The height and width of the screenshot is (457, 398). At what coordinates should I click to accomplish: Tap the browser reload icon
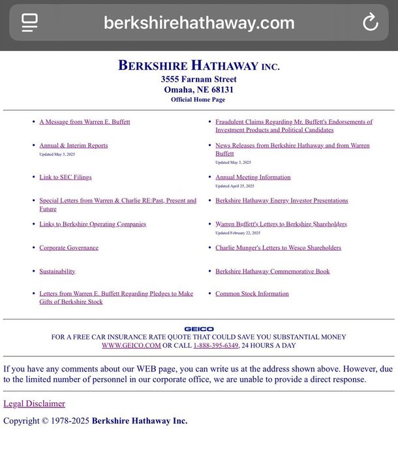pos(370,23)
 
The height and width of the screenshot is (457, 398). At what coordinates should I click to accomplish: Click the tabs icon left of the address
pos(29,23)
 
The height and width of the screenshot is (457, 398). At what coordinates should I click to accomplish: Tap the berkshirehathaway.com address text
pos(198,23)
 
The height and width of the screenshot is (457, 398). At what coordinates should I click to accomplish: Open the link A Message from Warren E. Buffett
pos(85,122)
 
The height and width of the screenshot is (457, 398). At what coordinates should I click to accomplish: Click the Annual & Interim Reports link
pos(74,146)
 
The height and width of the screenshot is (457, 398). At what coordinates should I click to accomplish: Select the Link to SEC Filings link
pos(65,177)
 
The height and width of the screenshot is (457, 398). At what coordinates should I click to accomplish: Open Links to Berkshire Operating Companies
pos(93,224)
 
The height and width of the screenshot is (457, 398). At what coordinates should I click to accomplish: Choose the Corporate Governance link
pos(69,247)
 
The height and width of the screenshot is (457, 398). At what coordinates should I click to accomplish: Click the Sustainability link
pos(57,271)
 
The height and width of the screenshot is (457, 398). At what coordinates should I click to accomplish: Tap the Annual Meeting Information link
pos(253,177)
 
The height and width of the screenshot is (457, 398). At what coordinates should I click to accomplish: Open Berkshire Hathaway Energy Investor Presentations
pos(282,200)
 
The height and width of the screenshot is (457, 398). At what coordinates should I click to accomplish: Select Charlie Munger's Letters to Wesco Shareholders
pos(278,247)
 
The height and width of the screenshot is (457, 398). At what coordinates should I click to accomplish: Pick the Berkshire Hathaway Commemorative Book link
pos(273,271)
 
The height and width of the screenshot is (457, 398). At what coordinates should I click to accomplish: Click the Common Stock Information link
pos(252,294)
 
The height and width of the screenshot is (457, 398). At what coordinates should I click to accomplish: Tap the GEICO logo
pos(198,329)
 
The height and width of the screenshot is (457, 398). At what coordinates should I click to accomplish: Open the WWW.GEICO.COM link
pos(131,345)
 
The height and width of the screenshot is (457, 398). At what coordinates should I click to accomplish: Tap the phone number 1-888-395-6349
pos(215,345)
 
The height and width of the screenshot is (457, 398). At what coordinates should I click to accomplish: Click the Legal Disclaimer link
pos(34,403)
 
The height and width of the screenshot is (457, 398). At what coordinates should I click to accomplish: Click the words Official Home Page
pos(198,100)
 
